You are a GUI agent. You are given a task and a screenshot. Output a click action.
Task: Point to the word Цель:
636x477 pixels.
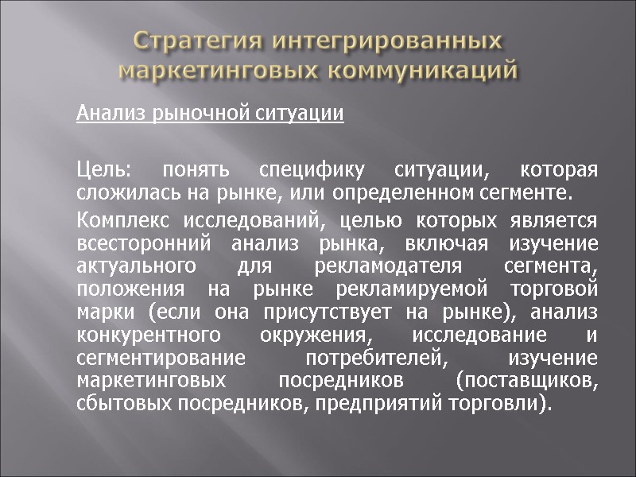103,170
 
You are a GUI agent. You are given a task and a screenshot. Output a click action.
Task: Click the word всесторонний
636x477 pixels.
131,242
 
